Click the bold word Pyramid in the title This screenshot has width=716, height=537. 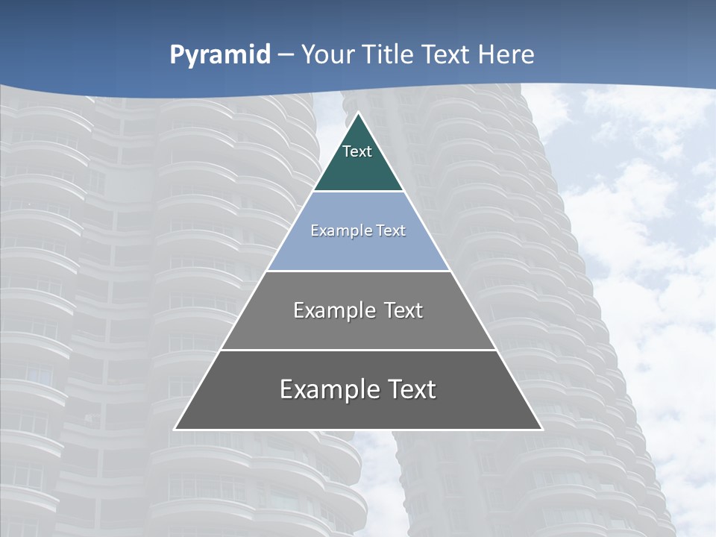pyautogui.click(x=220, y=55)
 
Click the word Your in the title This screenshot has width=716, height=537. pyautogui.click(x=327, y=55)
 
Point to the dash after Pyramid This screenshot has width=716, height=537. pyautogui.click(x=286, y=55)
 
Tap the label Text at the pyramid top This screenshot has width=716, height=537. pyautogui.click(x=357, y=151)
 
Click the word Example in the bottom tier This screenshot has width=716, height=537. pyautogui.click(x=327, y=389)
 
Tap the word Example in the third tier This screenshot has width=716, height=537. pyautogui.click(x=333, y=310)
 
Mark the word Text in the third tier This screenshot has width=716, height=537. pyautogui.click(x=403, y=310)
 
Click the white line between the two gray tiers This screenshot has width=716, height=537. pyautogui.click(x=358, y=350)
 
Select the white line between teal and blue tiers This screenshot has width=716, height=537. pyautogui.click(x=358, y=192)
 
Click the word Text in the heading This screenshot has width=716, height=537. pyautogui.click(x=447, y=55)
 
